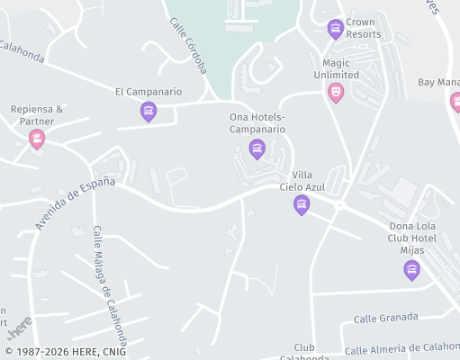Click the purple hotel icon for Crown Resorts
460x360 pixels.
pyautogui.click(x=336, y=29)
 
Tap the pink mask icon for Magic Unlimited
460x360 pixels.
pyautogui.click(x=336, y=92)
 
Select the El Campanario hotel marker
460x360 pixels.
pyautogui.click(x=149, y=112)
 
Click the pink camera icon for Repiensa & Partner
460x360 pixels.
pyautogui.click(x=36, y=139)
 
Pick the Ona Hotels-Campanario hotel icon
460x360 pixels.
pyautogui.click(x=257, y=148)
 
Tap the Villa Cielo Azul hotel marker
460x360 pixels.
pyautogui.click(x=302, y=205)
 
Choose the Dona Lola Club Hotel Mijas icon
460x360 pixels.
pyautogui.click(x=411, y=269)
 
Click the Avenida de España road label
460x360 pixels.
pyautogui.click(x=76, y=202)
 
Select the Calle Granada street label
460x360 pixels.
pyautogui.click(x=385, y=318)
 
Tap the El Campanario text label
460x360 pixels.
pyautogui.click(x=149, y=92)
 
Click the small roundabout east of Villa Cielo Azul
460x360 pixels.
pyautogui.click(x=339, y=205)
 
